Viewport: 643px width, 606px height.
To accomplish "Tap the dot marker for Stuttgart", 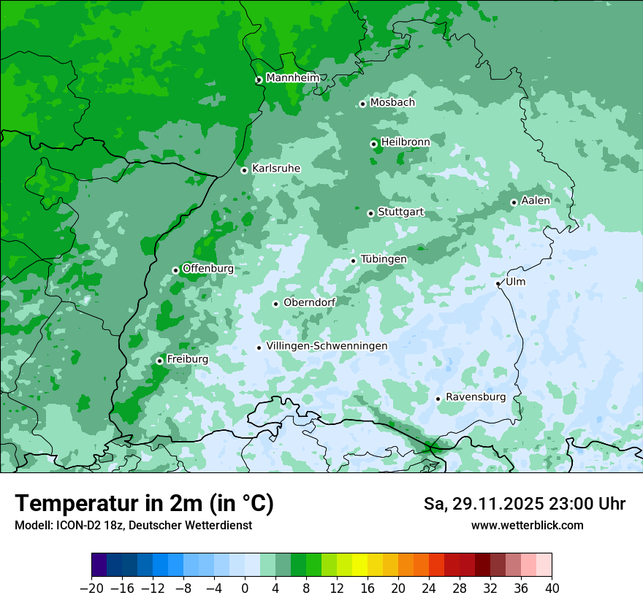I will pos(371,213).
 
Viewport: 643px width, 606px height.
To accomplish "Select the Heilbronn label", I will pos(405,142).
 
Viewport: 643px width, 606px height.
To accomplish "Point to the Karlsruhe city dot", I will pos(245,170).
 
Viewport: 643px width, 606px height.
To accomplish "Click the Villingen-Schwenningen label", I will pos(327,346).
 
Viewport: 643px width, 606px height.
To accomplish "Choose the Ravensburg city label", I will pos(475,397).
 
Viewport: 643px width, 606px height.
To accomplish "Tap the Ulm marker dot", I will pos(498,283).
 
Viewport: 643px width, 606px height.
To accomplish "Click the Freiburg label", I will pos(187,359).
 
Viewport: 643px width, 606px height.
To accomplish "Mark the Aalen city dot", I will pos(514,202).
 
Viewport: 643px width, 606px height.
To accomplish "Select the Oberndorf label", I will pos(309,302).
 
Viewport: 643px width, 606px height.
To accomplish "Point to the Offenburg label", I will pos(208,269).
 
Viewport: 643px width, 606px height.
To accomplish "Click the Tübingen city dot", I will pos(354,261).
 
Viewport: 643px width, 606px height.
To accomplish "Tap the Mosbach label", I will pos(392,103).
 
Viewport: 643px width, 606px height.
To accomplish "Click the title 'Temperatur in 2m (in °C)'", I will pos(144,503).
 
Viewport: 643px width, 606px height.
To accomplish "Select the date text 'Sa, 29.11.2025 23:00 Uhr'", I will pos(524,504).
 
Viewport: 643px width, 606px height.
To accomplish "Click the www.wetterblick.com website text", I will pos(527,525).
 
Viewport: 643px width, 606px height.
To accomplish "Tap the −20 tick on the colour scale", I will pos(92,588).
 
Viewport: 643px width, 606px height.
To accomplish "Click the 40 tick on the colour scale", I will pos(552,588).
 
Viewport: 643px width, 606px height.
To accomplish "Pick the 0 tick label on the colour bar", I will pos(245,588).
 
